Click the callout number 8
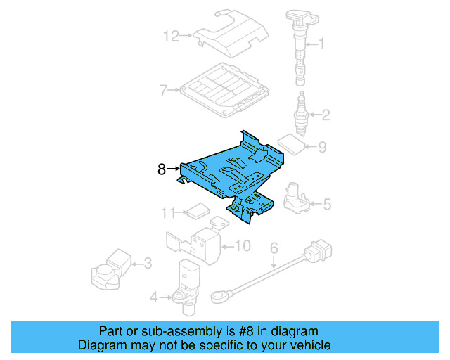click(162, 169)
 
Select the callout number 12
click(171, 37)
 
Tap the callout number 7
click(163, 90)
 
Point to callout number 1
click(321, 44)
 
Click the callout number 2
click(326, 115)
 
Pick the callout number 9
click(322, 147)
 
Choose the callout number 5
click(327, 204)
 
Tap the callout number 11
click(168, 213)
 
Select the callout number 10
click(243, 246)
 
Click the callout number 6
click(274, 247)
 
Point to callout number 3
click(148, 263)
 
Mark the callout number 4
click(154, 297)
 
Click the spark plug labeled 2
click(301, 114)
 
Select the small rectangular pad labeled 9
click(292, 144)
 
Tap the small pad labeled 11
click(198, 211)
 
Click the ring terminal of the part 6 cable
click(221, 296)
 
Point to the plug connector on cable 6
click(319, 252)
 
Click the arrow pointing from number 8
click(173, 169)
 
